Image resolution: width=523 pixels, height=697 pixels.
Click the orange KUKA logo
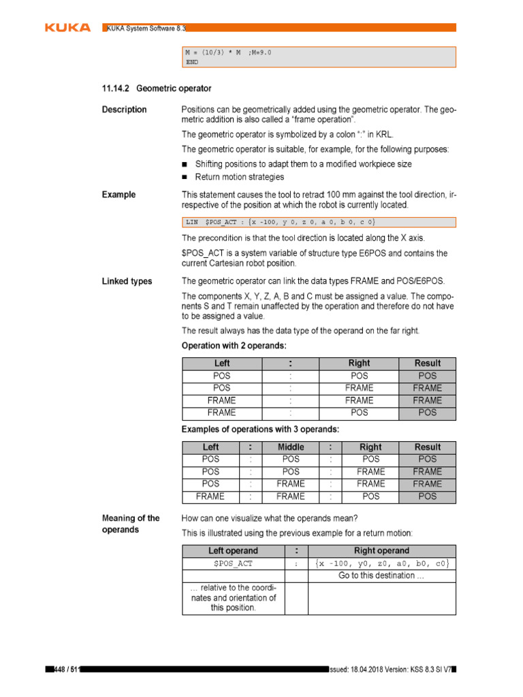[67, 28]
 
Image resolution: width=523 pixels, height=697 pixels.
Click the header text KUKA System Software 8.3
[146, 28]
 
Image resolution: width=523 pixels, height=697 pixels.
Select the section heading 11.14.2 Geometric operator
[157, 88]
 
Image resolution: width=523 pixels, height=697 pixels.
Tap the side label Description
[124, 110]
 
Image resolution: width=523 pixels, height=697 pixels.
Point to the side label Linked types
[127, 281]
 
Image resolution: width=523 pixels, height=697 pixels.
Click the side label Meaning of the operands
[131, 523]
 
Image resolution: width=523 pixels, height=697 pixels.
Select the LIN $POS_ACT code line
[279, 222]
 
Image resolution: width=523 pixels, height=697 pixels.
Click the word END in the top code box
[193, 62]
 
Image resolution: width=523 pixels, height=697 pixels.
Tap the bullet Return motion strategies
[239, 177]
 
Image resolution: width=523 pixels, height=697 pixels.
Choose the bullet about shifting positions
[303, 164]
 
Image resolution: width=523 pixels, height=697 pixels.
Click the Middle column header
[291, 447]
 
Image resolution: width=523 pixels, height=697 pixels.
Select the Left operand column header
[233, 551]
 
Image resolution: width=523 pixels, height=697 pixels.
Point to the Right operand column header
[382, 551]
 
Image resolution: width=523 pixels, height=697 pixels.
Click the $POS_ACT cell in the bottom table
[233, 564]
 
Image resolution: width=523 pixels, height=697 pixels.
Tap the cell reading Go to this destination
[381, 576]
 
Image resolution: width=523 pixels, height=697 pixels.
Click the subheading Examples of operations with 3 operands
[260, 429]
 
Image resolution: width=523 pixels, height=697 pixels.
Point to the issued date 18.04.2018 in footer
[364, 669]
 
